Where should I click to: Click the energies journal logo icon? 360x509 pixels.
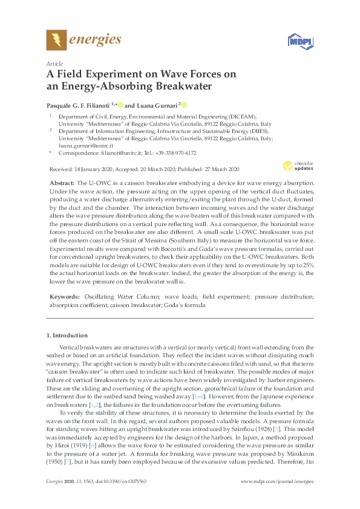[x=56, y=41]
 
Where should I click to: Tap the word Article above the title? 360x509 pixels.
[x=54, y=63]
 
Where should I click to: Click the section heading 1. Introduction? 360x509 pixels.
[x=67, y=335]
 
